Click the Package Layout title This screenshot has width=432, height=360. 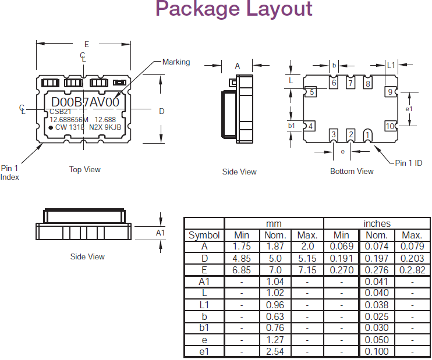234,10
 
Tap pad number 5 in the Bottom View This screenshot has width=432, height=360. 312,92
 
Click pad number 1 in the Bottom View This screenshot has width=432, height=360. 367,135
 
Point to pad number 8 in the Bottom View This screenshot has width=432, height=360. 367,84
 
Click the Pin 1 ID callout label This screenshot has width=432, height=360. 409,163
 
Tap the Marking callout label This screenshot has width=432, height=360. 176,62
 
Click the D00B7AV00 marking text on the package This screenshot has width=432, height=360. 86,102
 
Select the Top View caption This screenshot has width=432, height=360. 85,170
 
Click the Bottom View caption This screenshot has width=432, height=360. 352,171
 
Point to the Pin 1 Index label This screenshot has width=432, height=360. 10,173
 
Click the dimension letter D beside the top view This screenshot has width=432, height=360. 162,111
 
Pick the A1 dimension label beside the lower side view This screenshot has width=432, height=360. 161,233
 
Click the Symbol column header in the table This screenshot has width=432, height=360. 204,236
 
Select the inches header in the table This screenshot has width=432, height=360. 377,224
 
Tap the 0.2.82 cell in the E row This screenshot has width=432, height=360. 412,270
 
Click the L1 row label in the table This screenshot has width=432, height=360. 204,305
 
